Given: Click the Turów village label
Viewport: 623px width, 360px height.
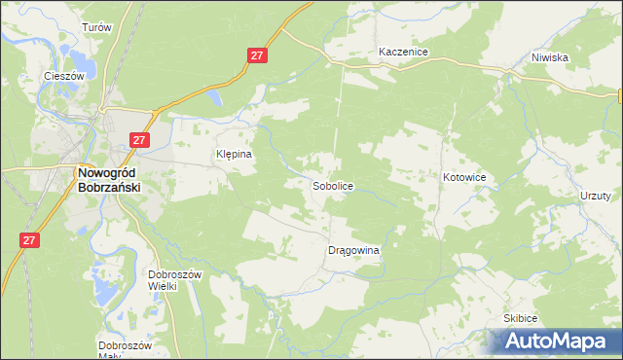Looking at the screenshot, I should [99, 28].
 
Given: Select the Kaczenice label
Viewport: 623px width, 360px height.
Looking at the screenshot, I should [404, 52].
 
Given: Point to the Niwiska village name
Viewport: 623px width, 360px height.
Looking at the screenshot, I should [549, 57].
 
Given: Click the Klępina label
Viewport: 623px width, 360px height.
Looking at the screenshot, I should [234, 154].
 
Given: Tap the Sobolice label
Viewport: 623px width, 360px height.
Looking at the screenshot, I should [332, 185].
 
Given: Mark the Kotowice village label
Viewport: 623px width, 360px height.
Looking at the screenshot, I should [464, 177].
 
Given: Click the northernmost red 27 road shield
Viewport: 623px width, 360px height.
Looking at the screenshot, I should [257, 57].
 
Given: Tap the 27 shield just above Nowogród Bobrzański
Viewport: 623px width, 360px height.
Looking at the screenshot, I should [139, 140].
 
